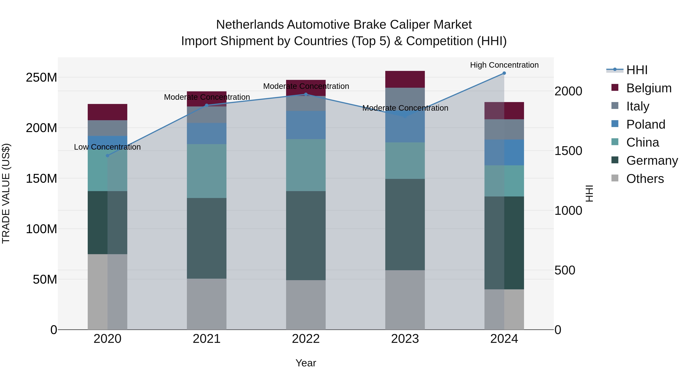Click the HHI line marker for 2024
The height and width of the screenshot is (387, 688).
point(504,73)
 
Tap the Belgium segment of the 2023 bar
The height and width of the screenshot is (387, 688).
point(405,79)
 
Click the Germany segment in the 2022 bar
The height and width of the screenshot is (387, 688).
point(306,236)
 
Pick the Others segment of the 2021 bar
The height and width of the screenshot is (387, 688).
point(206,304)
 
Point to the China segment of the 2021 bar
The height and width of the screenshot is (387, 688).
point(206,171)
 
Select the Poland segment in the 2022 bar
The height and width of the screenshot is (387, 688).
point(306,125)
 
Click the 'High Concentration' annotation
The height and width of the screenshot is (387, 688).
point(504,65)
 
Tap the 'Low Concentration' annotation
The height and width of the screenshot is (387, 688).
point(107,147)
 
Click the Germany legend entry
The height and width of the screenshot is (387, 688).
point(652,161)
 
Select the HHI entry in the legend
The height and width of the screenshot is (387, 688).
point(637,70)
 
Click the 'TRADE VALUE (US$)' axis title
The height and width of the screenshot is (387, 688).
point(6,193)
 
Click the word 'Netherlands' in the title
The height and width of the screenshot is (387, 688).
point(250,25)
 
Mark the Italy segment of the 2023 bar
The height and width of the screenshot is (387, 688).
point(405,99)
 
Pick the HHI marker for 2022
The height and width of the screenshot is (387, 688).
point(306,94)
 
